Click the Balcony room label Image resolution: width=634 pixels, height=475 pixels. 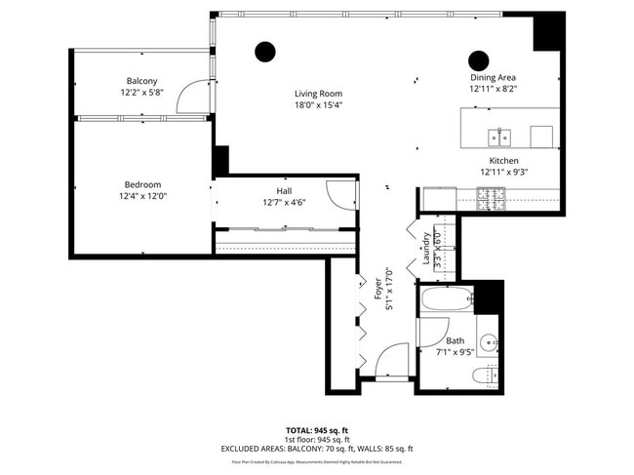[141, 81]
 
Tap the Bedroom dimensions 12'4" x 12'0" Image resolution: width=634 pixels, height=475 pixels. [142, 196]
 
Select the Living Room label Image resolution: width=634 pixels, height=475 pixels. [319, 94]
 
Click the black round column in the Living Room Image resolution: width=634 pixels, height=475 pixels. [264, 52]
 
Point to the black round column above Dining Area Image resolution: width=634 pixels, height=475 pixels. [479, 59]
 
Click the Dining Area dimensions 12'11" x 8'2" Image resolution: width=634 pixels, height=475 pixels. [493, 88]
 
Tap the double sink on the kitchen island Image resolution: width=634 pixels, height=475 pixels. [500, 135]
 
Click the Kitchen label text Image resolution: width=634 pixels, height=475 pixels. [503, 160]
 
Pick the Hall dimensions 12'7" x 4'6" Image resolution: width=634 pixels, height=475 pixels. [284, 203]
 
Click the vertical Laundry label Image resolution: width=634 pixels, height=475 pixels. [426, 250]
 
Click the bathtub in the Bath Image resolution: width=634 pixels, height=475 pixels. [449, 299]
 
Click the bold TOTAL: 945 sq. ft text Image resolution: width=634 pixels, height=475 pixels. [317, 429]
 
